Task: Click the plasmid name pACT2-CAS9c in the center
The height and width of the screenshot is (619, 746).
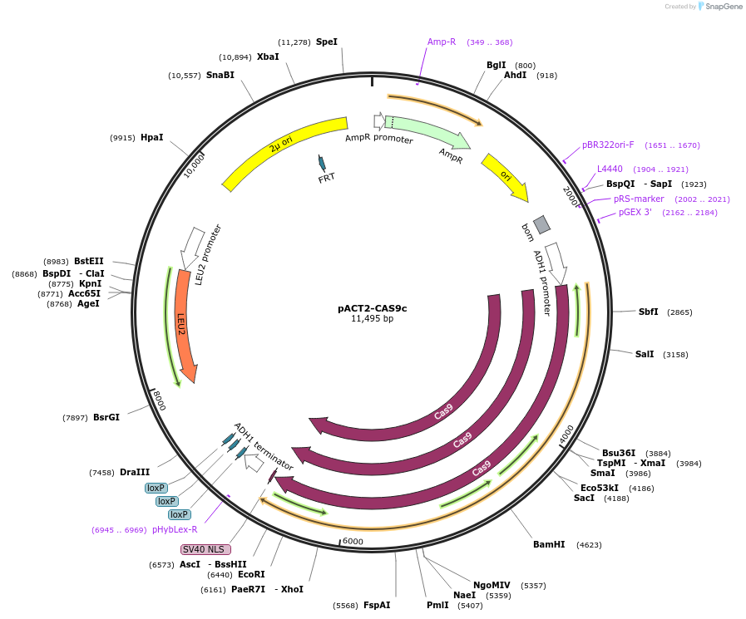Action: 372,307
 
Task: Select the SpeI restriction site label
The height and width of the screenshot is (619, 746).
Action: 327,42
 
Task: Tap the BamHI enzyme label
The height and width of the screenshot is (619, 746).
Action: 549,544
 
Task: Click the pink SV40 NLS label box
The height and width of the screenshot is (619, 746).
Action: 205,549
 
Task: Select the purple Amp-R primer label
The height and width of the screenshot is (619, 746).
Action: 442,42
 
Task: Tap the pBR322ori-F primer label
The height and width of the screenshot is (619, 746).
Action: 608,145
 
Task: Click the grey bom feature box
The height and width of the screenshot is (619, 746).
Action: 542,224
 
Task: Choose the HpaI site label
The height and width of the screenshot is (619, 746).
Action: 151,137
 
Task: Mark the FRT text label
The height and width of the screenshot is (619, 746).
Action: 327,178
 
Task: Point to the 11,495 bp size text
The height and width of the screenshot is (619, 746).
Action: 372,318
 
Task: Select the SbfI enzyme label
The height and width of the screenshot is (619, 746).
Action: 649,312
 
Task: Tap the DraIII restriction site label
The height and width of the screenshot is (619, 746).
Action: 135,472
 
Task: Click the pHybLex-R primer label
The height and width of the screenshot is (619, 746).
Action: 175,529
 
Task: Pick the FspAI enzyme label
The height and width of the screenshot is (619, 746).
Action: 377,605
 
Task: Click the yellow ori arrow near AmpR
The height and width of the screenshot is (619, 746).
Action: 505,176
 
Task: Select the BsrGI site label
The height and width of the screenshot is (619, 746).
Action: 106,417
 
